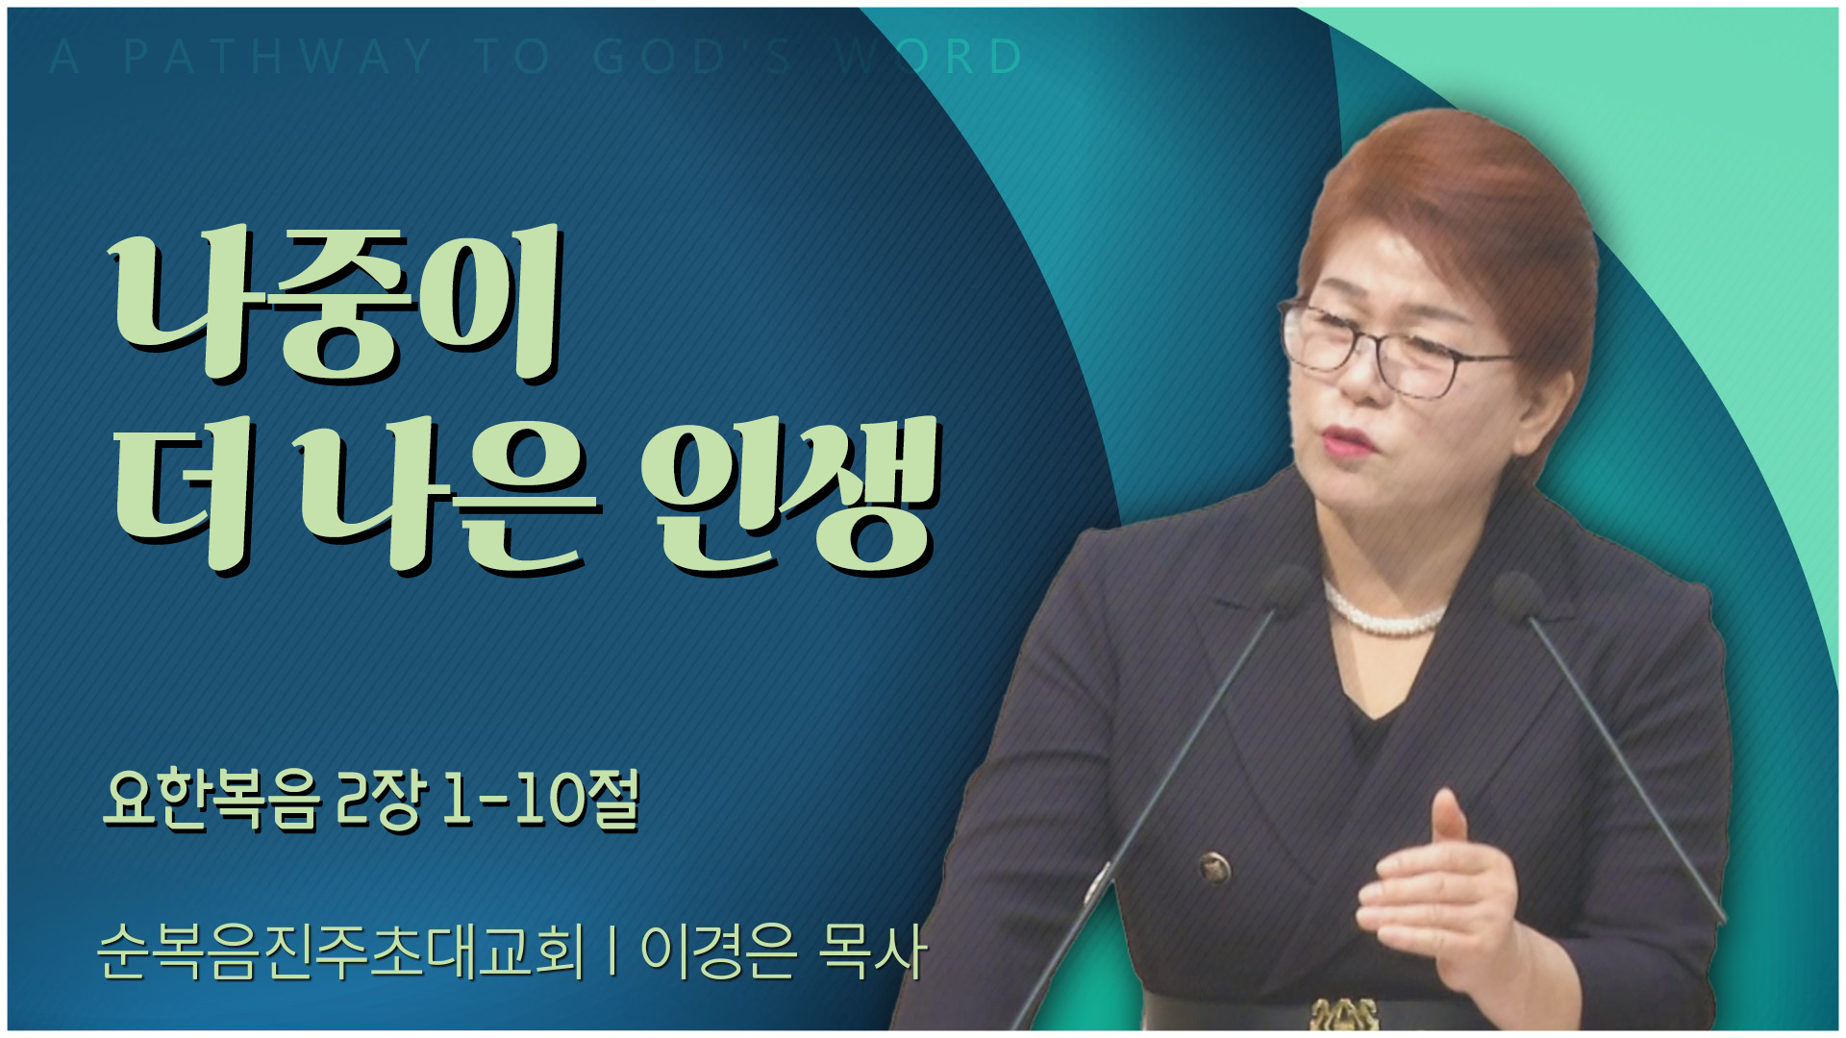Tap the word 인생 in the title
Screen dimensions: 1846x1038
pos(789,495)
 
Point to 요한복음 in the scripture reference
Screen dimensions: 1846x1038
pos(211,800)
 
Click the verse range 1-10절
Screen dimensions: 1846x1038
pos(539,800)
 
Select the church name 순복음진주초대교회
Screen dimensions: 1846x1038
pos(340,951)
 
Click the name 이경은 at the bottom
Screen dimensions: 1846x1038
pos(719,951)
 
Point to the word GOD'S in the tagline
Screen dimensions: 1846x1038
pos(692,57)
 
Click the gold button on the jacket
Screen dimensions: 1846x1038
pos(1215,868)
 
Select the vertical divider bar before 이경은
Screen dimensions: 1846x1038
pos(612,951)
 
